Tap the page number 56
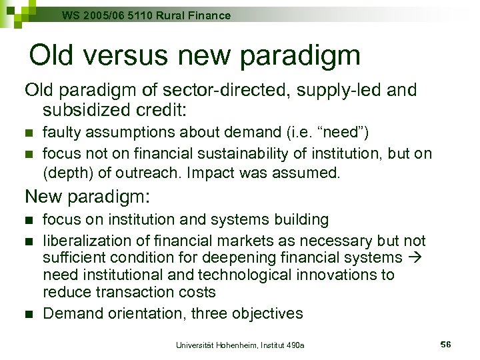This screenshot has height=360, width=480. pos(446,344)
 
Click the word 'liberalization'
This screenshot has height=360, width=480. pos(85,240)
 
